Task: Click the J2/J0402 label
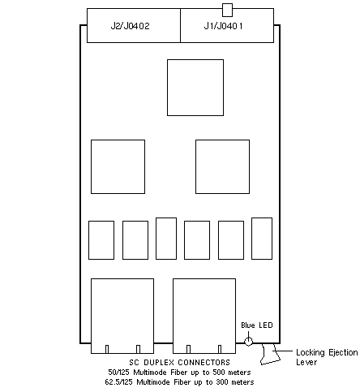point(130,26)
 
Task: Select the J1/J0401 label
point(223,26)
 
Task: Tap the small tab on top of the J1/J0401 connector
point(227,11)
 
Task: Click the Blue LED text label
point(257,325)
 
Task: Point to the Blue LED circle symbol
point(248,342)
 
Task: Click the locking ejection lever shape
point(270,354)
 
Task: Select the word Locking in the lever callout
point(310,353)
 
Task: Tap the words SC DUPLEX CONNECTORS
point(179,362)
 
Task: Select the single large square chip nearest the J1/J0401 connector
point(195,88)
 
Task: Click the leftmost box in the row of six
point(101,240)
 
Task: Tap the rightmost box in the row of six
point(262,239)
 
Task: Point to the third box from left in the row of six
point(166,239)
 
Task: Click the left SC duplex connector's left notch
point(107,349)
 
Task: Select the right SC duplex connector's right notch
point(220,349)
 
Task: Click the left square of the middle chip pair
point(118,166)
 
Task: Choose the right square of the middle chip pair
point(222,166)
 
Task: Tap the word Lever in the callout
point(306,362)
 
